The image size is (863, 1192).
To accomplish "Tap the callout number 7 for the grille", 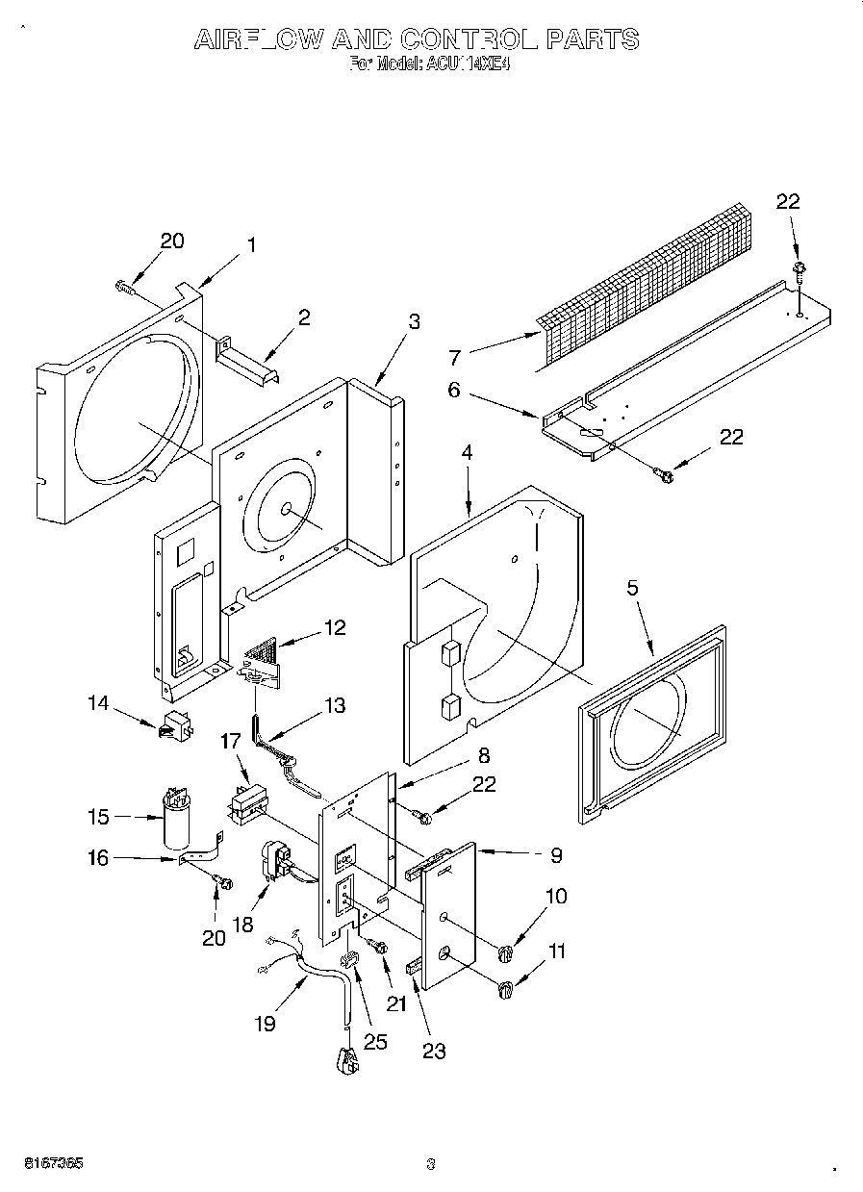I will tap(454, 357).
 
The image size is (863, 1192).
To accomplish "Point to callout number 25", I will tap(374, 1041).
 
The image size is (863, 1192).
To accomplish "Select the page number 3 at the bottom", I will tap(431, 1163).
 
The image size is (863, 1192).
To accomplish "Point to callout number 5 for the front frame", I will tap(633, 589).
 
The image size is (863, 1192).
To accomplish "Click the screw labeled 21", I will tap(377, 949).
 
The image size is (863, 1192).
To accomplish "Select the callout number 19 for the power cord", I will tap(266, 1024).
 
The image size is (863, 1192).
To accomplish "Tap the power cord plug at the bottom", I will tap(347, 1059).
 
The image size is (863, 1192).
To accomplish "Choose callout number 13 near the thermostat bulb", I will tap(334, 705).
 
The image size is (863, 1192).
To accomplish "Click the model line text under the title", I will tap(416, 65).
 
